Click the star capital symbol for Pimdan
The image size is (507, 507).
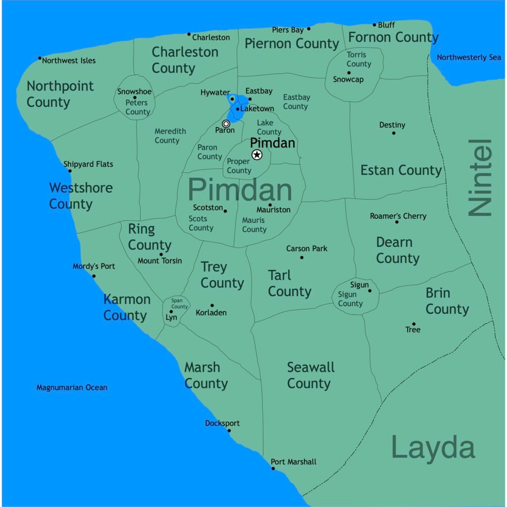point(256,155)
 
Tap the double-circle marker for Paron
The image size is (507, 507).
point(226,123)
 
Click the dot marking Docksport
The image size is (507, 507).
point(229,430)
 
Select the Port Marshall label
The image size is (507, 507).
point(294,461)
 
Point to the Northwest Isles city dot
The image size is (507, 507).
point(40,58)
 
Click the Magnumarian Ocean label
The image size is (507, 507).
point(72,387)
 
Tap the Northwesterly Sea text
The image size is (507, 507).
point(469,57)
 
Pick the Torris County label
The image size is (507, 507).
point(358,59)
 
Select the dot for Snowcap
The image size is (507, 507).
point(349,73)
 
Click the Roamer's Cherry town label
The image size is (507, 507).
point(398,216)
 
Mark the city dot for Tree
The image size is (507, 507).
point(413,324)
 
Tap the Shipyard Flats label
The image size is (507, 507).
point(88,164)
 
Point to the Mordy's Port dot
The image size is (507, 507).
point(94,276)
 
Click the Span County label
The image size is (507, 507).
point(179,303)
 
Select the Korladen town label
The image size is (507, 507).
point(211,312)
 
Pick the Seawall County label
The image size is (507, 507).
point(310,375)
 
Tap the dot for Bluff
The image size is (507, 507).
point(374,25)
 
